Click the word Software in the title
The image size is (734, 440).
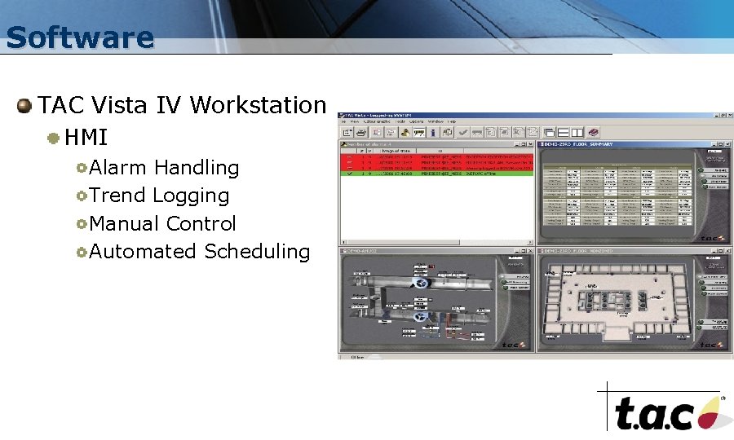[79, 37]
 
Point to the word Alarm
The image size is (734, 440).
[117, 168]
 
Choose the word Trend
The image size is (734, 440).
[117, 196]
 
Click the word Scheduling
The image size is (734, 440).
[257, 252]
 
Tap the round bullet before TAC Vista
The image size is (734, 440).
[25, 105]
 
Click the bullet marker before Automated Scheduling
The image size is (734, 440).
[82, 252]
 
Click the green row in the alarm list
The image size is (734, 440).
[436, 173]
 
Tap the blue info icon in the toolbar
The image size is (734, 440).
[433, 132]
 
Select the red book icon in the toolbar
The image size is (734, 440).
[595, 132]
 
